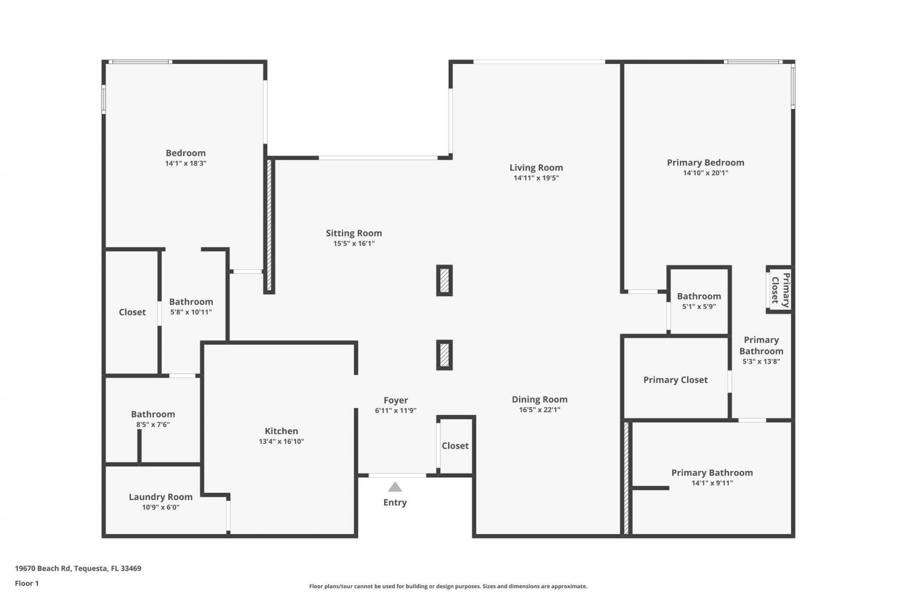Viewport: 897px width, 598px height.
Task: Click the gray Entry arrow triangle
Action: pos(395,487)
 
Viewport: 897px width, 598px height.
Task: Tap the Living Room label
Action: pos(536,167)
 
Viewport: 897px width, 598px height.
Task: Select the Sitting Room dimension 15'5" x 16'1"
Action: pos(354,243)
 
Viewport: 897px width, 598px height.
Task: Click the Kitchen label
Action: pos(281,431)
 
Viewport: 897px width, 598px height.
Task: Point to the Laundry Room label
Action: pos(161,497)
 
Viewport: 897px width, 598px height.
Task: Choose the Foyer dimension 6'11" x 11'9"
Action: pos(395,411)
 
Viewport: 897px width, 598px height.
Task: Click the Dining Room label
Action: pos(540,399)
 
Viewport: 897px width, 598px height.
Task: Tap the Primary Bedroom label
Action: pos(705,163)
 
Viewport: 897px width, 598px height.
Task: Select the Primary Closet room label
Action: pos(675,380)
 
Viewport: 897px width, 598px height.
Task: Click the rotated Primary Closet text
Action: pos(780,290)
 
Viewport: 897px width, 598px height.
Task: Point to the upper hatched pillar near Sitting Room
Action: pos(444,280)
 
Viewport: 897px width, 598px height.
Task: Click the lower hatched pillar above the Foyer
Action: pos(444,355)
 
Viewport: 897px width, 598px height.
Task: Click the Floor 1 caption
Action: pos(27,583)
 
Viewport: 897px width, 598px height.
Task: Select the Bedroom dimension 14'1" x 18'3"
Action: pos(185,164)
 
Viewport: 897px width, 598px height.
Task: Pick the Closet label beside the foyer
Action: pos(455,446)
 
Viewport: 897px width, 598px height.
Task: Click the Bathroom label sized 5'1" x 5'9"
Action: pos(699,296)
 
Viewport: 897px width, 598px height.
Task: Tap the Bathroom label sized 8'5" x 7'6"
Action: pos(153,414)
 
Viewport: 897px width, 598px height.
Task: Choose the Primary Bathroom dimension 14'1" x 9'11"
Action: pos(712,483)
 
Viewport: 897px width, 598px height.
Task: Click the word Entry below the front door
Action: pos(395,502)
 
